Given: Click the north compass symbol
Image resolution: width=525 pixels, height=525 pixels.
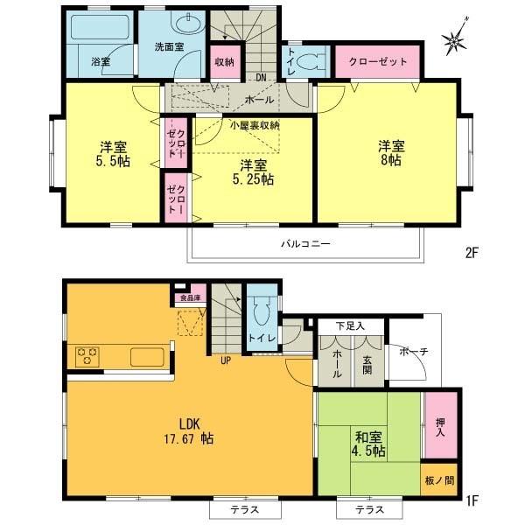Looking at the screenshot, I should click(458, 38).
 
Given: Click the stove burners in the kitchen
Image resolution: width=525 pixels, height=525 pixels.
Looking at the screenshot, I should click(88, 356).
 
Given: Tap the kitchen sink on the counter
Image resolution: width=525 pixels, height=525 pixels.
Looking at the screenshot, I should click(146, 356).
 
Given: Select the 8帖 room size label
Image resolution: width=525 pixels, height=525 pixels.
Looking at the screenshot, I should click(390, 154).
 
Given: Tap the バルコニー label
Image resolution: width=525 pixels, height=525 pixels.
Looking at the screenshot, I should click(305, 244).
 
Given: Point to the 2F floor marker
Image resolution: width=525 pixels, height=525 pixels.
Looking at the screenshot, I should click(472, 253).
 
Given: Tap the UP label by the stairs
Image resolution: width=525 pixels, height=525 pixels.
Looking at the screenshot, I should click(225, 360).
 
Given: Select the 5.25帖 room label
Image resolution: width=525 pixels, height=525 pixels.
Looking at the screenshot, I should click(253, 171).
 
